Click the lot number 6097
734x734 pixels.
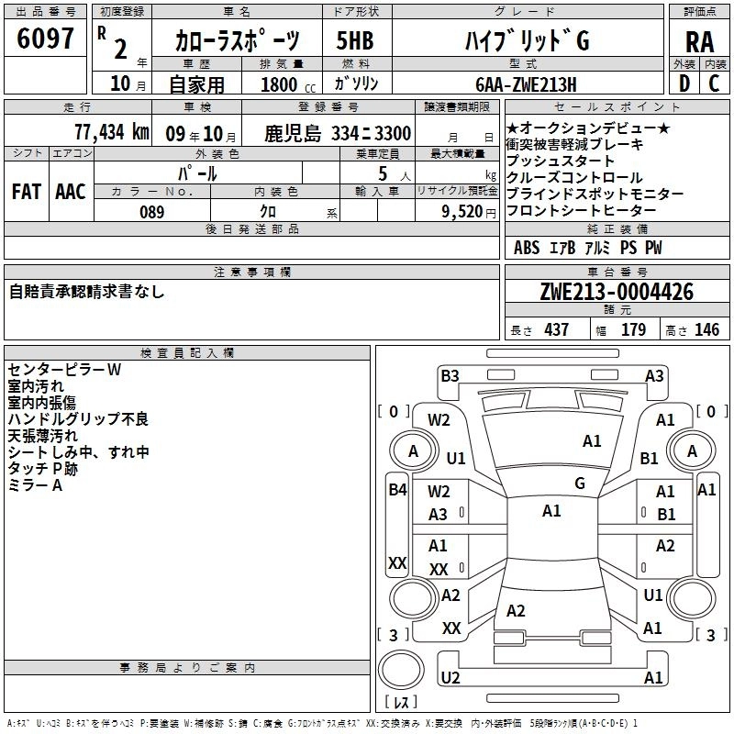click(46, 39)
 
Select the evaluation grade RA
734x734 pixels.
click(699, 41)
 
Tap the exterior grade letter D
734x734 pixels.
click(684, 83)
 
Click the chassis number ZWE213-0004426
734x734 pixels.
click(617, 292)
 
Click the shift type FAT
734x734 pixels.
click(27, 192)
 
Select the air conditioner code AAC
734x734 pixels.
click(71, 192)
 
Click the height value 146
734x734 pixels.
click(706, 329)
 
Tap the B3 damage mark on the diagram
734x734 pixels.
click(450, 375)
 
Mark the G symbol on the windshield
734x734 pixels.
click(579, 484)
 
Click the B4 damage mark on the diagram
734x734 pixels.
click(397, 490)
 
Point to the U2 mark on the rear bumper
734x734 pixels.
click(450, 678)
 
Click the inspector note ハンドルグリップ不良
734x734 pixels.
click(79, 419)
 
